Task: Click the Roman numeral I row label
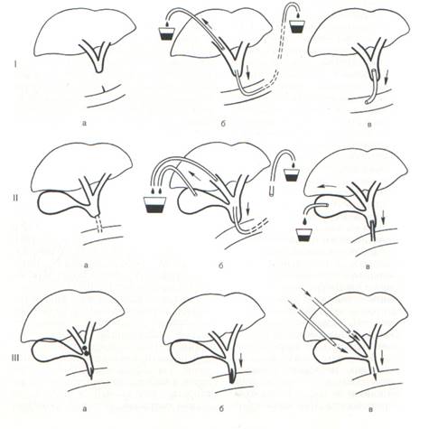[x=15, y=64]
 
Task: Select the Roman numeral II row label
[x=15, y=198]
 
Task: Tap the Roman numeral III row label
[x=15, y=358]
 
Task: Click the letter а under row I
[x=84, y=123]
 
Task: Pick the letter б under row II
[x=220, y=266]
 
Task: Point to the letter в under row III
[x=370, y=409]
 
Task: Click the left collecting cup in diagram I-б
[x=166, y=33]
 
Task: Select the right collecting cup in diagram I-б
[x=297, y=26]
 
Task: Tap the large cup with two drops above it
[x=155, y=205]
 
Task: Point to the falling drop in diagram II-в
[x=305, y=221]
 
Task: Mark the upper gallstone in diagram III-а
[x=85, y=350]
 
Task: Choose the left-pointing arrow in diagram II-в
[x=327, y=187]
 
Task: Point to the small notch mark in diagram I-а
[x=103, y=89]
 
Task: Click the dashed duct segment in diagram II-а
[x=98, y=225]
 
